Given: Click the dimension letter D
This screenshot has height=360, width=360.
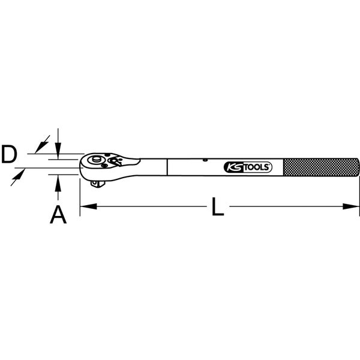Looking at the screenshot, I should (x=8, y=155).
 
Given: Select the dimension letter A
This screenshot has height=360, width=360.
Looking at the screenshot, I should (x=58, y=214).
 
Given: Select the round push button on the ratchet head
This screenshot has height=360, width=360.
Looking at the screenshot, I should (x=95, y=161).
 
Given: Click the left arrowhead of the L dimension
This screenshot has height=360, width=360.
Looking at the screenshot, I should (x=85, y=206).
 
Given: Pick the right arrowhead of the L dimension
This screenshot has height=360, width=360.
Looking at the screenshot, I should (x=355, y=206).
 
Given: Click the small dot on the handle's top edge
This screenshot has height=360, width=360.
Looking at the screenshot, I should (x=205, y=160).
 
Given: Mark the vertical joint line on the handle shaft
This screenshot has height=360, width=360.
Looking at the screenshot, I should (x=167, y=167).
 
